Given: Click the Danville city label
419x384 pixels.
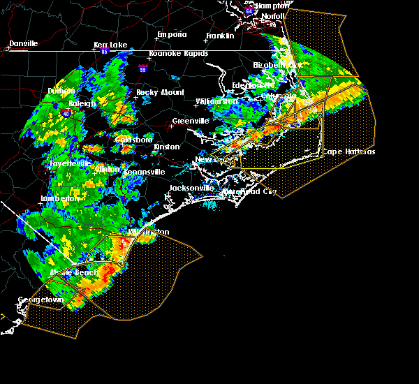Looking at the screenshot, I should pos(23,43).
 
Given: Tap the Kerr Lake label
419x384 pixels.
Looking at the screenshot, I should pos(111,45).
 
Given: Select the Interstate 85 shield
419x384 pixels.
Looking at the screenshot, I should pos(104,51).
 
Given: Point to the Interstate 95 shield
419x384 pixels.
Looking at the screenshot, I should pos(144,69).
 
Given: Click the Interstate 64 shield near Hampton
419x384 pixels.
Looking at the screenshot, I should pos(249,11).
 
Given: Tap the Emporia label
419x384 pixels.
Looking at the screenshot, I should pos(172,34).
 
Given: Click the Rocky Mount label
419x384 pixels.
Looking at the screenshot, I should pos(161,92).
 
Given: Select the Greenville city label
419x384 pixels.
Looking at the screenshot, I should pos(190,121).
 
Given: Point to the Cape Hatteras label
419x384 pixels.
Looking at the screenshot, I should pos(349,152).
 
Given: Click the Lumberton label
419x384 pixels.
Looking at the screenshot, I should pos(61,198).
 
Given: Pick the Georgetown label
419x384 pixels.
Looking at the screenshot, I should pos(41,300).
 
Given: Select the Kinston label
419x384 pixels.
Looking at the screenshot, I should pos(167,147).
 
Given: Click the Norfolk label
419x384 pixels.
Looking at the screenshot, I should pos(274,16).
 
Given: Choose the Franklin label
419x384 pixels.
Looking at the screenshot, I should pos(219,36).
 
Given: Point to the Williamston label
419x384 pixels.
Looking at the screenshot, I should pos(217,101).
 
